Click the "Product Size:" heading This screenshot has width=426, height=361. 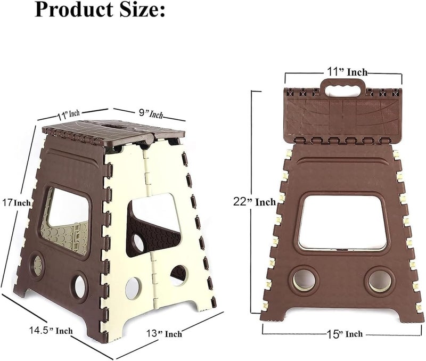point(100,9)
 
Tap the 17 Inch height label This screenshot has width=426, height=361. point(17,202)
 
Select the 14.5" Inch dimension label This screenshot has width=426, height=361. point(51,331)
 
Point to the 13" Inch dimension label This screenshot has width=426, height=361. point(164,333)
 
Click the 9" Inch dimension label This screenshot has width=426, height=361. point(151,113)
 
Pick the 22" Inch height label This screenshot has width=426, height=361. point(255,202)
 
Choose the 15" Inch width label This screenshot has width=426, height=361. point(345,334)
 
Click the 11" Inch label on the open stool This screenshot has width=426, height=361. point(68,114)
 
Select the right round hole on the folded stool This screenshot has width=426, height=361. point(380,280)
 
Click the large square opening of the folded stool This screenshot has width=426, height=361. point(342,222)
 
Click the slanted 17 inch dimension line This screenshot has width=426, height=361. point(18,206)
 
